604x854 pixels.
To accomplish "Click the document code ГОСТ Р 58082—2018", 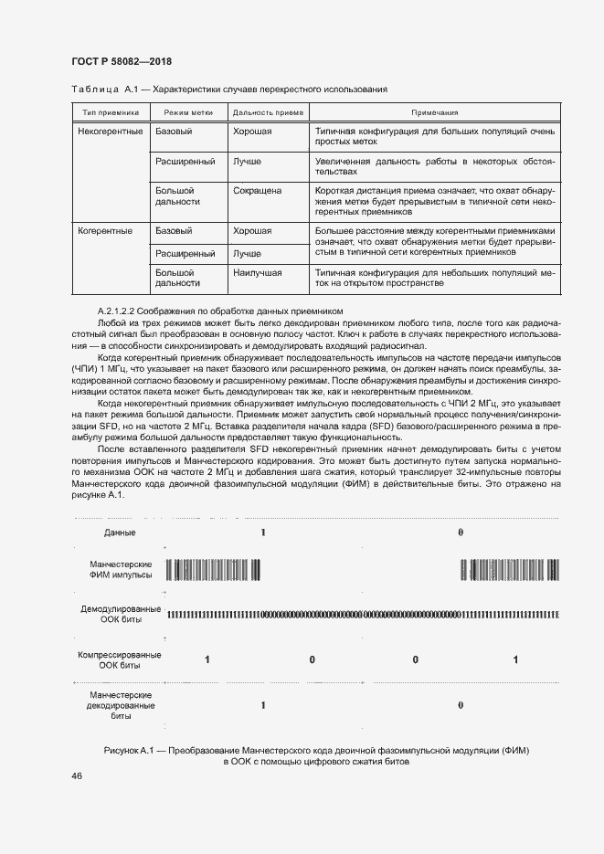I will (x=122, y=61).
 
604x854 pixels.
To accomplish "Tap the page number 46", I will (x=77, y=775).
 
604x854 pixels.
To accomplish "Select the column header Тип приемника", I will (x=110, y=112).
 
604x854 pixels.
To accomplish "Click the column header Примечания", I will (x=434, y=112).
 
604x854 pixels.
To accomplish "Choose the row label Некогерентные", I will (x=111, y=132).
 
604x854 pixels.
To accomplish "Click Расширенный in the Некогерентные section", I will (x=185, y=162).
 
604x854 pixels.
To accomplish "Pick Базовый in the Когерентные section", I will (x=174, y=231).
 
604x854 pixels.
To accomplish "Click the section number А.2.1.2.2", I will (x=123, y=311).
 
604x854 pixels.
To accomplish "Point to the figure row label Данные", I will (x=120, y=532).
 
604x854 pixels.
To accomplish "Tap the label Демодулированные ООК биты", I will (x=122, y=614).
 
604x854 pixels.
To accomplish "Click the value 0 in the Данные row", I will (x=461, y=532).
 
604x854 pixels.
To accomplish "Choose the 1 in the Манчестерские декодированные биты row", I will (x=263, y=705).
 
